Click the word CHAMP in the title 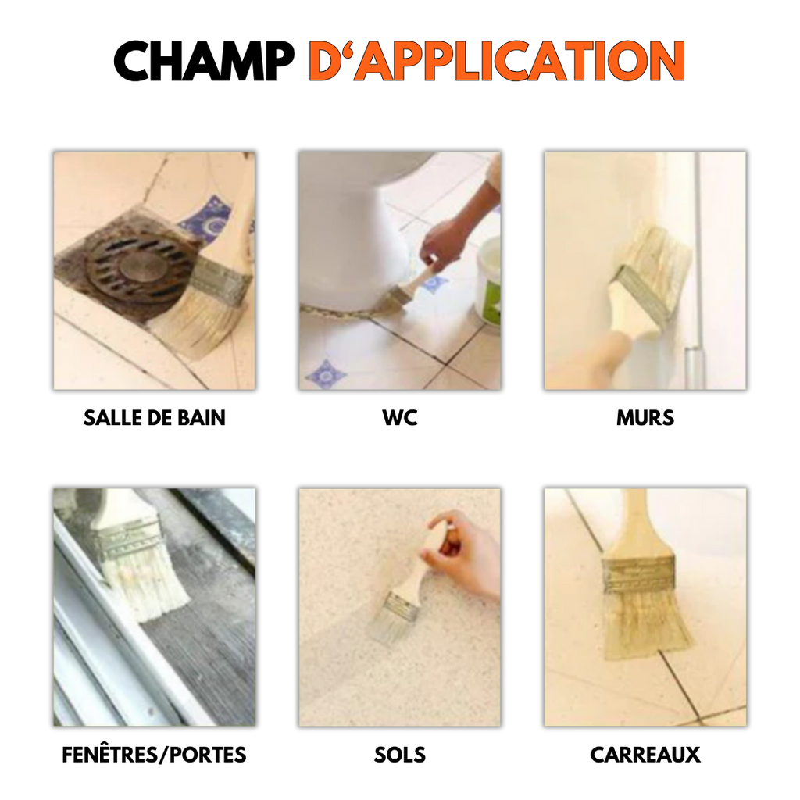(204, 61)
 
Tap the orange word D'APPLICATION (497, 61)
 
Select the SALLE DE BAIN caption (154, 418)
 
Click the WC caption (400, 418)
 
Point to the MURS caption (645, 418)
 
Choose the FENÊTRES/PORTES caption (154, 755)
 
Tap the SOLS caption (400, 755)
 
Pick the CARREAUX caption (645, 755)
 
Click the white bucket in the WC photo (489, 281)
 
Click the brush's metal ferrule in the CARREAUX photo (638, 574)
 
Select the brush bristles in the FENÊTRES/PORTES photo (145, 581)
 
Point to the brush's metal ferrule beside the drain (220, 279)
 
